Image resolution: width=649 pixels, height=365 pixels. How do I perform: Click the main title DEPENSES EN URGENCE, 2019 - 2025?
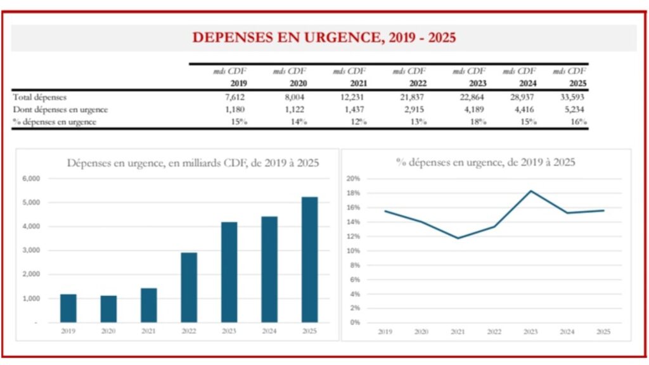coord(324,37)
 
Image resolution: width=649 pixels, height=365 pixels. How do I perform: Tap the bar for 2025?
coord(309,259)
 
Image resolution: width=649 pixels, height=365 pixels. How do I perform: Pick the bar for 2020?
coord(109,309)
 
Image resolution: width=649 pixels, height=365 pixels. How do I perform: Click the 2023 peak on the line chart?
coord(531,191)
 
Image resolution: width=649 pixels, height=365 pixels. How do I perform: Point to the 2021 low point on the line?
coord(458,238)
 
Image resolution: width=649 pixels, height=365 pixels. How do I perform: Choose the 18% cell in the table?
coord(477,122)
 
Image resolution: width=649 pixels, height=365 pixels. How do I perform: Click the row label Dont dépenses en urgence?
coord(60,109)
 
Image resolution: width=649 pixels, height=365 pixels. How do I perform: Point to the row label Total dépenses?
coord(39,97)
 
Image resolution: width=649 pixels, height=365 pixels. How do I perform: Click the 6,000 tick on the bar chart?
coord(30,178)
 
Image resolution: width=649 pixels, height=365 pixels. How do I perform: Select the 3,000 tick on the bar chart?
coord(30,250)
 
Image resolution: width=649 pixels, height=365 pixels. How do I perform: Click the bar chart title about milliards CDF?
coord(193,163)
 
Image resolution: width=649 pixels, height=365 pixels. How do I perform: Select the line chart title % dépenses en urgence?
coord(485,162)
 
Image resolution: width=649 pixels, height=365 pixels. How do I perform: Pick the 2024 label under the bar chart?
coord(269,331)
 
